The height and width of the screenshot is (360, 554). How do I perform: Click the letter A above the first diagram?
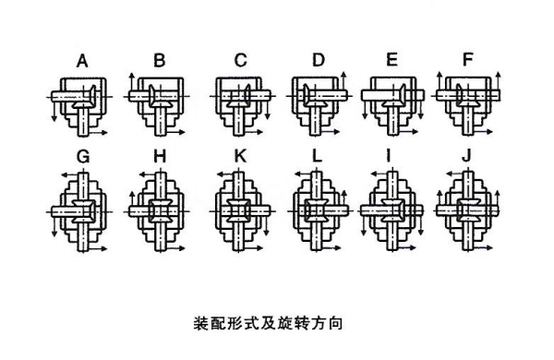(x=82, y=63)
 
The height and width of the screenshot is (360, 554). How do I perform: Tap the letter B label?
(x=160, y=62)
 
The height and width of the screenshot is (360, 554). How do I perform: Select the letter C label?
(x=240, y=62)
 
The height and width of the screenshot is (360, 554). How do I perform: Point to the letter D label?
(x=319, y=62)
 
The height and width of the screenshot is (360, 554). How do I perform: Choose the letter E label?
(x=391, y=62)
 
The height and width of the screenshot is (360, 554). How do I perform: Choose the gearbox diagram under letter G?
(x=81, y=208)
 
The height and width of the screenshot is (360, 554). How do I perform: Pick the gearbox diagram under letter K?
(x=239, y=208)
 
